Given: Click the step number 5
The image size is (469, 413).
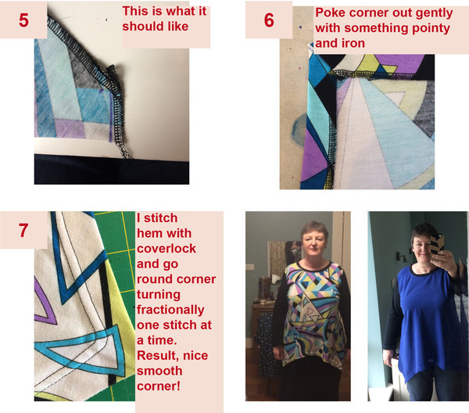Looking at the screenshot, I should click(x=23, y=20).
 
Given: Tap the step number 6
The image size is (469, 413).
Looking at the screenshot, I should click(x=268, y=20).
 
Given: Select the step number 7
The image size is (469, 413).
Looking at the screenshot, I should click(x=23, y=231).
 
